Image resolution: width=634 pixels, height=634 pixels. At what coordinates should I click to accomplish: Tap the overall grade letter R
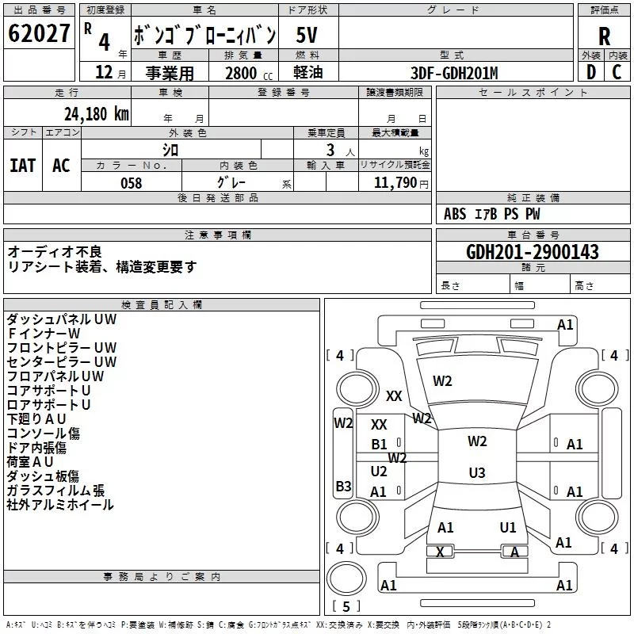click(x=604, y=36)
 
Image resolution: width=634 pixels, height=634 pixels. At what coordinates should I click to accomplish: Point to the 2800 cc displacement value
click(x=241, y=72)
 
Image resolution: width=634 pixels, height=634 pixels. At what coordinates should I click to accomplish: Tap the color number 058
click(x=131, y=183)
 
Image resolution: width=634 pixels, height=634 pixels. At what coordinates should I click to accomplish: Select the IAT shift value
click(x=22, y=166)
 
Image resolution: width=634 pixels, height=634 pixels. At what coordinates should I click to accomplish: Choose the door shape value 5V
click(x=308, y=36)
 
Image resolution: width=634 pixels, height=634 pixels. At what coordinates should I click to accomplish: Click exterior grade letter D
click(x=590, y=72)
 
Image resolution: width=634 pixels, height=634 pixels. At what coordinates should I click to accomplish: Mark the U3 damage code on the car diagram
click(x=476, y=473)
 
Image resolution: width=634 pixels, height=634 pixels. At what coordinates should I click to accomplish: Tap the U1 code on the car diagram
click(x=508, y=527)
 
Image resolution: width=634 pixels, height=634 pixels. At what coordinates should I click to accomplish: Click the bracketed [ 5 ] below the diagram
click(x=346, y=606)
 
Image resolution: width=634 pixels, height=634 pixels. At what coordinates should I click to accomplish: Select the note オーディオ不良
click(x=55, y=251)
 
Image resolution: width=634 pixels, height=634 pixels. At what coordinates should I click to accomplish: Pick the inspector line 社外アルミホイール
click(x=60, y=505)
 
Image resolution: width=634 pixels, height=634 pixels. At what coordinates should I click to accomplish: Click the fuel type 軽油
click(x=308, y=72)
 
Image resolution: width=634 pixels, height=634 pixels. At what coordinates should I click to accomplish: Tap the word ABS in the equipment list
click(x=455, y=214)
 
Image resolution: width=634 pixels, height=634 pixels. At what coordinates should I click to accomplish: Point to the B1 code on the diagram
click(x=380, y=445)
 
